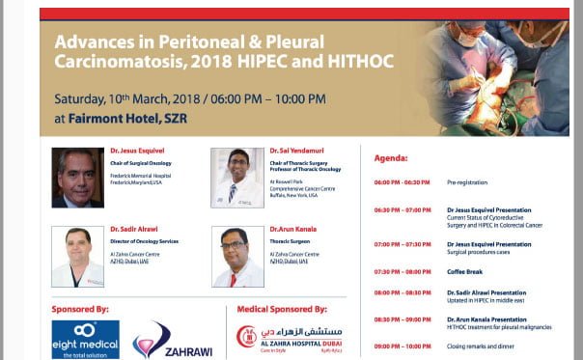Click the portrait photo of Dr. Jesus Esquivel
tap(76, 178)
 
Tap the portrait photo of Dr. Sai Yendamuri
tap(236, 178)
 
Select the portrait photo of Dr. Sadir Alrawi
tap(76, 257)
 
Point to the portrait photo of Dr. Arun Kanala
tap(236, 257)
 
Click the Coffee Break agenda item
tap(464, 270)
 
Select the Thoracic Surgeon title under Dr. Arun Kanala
tap(291, 240)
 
